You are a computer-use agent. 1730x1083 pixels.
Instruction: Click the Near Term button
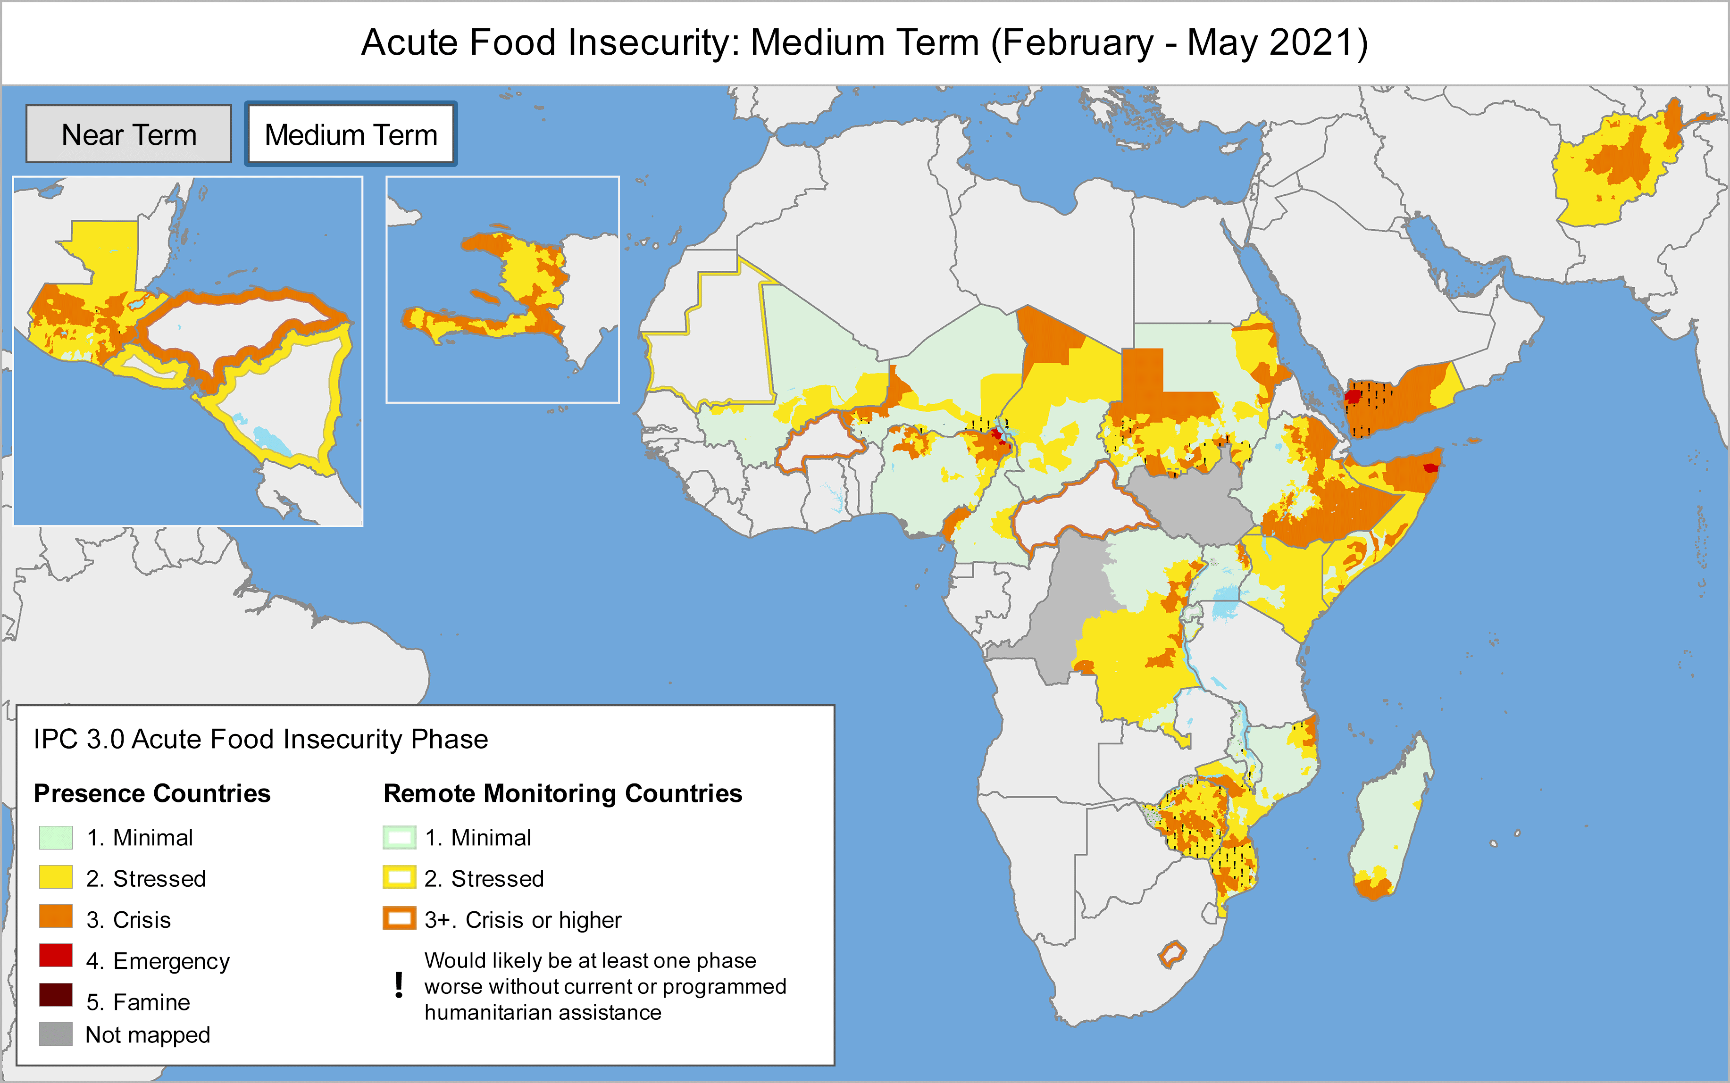pos(129,134)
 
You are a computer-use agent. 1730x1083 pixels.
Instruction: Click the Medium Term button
pos(351,134)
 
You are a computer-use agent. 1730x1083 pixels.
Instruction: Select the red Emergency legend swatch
pos(56,956)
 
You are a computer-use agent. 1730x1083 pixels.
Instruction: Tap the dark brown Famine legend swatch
pos(56,996)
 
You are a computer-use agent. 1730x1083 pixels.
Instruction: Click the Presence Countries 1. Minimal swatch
pos(56,837)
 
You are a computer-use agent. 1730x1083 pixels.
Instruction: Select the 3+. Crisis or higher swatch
pos(399,918)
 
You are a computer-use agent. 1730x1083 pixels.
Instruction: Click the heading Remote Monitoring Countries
pos(562,794)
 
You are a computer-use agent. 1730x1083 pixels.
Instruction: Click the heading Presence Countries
pos(152,794)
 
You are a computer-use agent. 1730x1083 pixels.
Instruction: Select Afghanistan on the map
pos(1619,168)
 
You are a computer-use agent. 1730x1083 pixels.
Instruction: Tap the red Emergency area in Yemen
pos(1353,396)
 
